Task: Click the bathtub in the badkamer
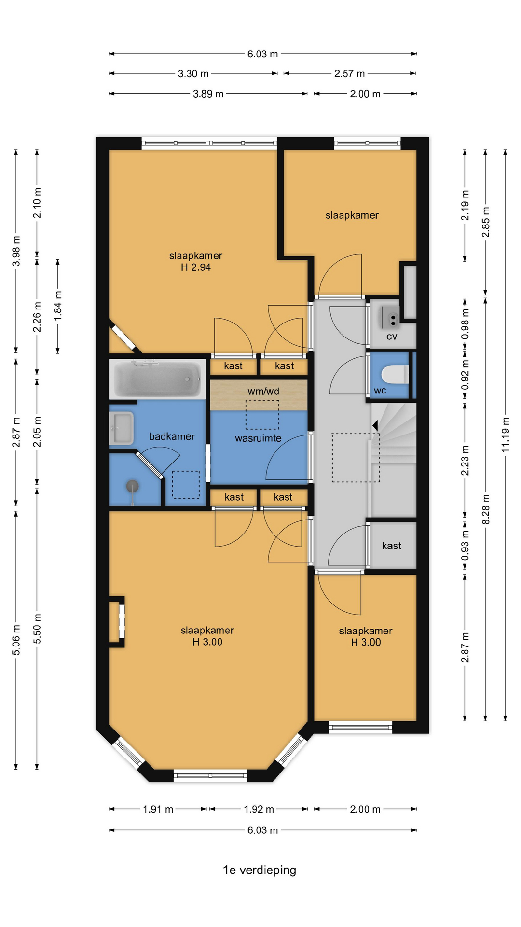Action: click(x=157, y=379)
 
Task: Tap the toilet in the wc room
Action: click(x=395, y=375)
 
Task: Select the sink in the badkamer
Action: click(x=121, y=428)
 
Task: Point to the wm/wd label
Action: click(x=263, y=391)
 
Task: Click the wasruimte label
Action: click(x=258, y=438)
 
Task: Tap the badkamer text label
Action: click(x=172, y=436)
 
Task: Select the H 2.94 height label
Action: click(x=196, y=267)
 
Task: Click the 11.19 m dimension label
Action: click(x=505, y=435)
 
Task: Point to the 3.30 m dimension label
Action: click(x=193, y=74)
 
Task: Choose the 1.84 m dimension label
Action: click(x=58, y=306)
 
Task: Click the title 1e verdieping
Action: click(x=260, y=870)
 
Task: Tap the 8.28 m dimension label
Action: click(x=486, y=509)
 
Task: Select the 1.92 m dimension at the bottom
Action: click(x=259, y=809)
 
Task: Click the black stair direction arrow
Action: click(x=374, y=425)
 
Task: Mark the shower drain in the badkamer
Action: click(x=132, y=486)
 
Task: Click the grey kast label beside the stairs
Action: click(x=392, y=546)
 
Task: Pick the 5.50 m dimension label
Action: click(x=37, y=629)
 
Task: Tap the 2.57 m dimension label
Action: click(x=350, y=74)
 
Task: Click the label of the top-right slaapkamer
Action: click(x=352, y=215)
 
